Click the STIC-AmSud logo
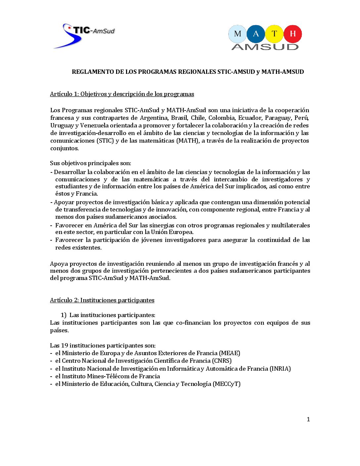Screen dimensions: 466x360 [x=84, y=35]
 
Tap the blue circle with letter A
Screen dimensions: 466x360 [x=256, y=34]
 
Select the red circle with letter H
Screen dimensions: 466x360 [x=293, y=34]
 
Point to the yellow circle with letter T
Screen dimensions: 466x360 [x=274, y=34]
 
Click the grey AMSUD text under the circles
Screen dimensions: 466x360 [x=265, y=47]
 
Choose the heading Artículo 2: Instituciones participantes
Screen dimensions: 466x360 [x=102, y=300]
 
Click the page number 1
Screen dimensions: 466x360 [x=308, y=419]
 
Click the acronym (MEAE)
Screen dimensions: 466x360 [x=230, y=353]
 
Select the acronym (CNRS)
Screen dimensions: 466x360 [x=222, y=361]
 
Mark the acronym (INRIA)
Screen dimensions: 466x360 [x=280, y=369]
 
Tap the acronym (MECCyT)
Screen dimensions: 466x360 [x=227, y=384]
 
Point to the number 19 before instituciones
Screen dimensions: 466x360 [x=64, y=346]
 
